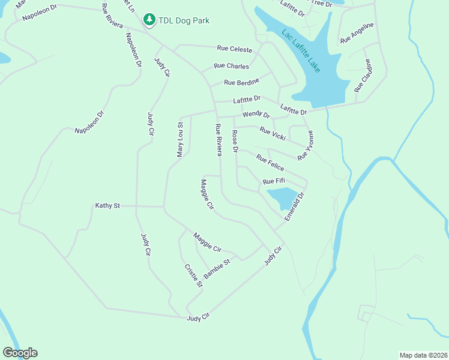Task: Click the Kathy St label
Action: pyautogui.click(x=107, y=206)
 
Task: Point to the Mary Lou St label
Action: pyautogui.click(x=179, y=140)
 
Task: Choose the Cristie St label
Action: pyautogui.click(x=193, y=275)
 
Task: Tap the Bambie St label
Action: pyautogui.click(x=217, y=269)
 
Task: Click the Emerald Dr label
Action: pyautogui.click(x=295, y=206)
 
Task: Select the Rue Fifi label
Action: pyautogui.click(x=274, y=181)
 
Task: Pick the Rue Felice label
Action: pyautogui.click(x=270, y=163)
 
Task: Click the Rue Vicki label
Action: pyautogui.click(x=272, y=133)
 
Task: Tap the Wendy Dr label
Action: pyautogui.click(x=256, y=114)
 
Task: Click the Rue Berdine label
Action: pyautogui.click(x=241, y=82)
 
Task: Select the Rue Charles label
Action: pyautogui.click(x=231, y=66)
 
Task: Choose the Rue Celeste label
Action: pyautogui.click(x=235, y=49)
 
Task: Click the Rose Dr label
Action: pyautogui.click(x=235, y=141)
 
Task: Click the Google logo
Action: pyautogui.click(x=20, y=353)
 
